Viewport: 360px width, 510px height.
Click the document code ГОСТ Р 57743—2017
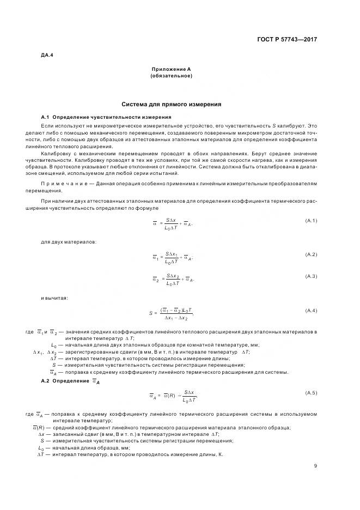coord(288,40)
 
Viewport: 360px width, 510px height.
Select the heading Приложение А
coord(171,69)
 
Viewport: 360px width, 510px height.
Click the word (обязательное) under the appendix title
coord(171,76)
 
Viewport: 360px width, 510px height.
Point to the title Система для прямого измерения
coord(171,104)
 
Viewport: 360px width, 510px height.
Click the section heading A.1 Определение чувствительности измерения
coord(107,117)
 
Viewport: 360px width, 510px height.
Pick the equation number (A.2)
coord(311,254)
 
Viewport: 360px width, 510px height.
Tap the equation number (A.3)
coord(311,276)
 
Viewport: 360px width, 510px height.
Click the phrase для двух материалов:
coord(69,241)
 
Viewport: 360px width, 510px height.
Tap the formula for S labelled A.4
coord(171,313)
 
